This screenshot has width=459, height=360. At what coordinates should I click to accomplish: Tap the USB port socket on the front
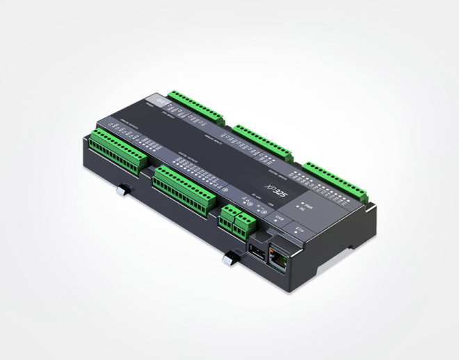coord(256,252)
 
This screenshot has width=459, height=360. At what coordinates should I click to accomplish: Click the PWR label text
coord(308,206)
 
